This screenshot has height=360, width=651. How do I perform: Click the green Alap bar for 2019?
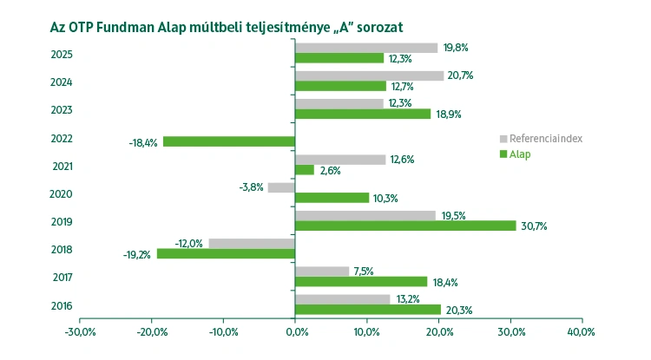[x=405, y=226]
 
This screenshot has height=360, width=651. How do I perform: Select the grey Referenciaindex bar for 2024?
[x=369, y=75]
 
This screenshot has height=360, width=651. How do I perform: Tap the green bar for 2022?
[x=229, y=141]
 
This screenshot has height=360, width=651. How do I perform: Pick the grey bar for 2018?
[x=252, y=243]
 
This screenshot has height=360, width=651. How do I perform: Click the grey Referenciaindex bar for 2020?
[x=281, y=187]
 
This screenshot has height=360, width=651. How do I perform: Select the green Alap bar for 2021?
[x=305, y=170]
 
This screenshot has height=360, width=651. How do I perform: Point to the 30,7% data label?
[x=534, y=226]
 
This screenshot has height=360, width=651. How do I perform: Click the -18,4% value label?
[x=143, y=142]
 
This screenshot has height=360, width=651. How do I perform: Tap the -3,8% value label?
[x=251, y=187]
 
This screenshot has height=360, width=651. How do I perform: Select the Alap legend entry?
[x=520, y=154]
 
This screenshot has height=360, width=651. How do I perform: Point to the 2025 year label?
[x=62, y=55]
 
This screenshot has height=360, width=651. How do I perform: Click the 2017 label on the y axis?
[x=62, y=278]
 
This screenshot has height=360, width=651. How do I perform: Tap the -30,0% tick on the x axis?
[x=80, y=331]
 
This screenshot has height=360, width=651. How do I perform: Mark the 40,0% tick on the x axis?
[x=581, y=331]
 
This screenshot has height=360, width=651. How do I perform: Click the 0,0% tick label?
[x=295, y=331]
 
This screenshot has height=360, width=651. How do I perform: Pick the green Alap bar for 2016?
[x=368, y=310]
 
